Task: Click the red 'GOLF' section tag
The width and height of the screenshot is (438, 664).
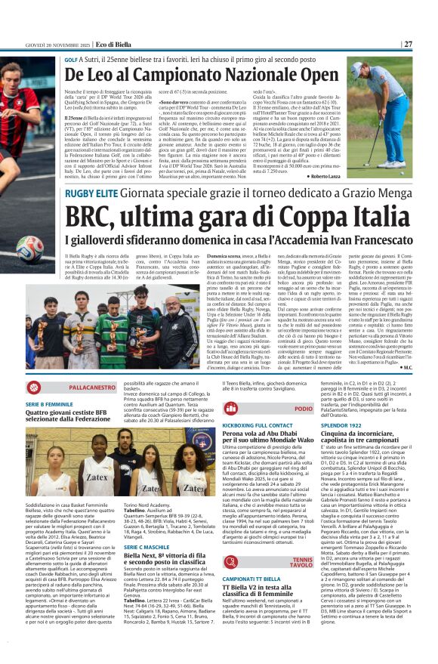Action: [72, 60]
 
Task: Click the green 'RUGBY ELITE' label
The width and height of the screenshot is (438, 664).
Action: [89, 193]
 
